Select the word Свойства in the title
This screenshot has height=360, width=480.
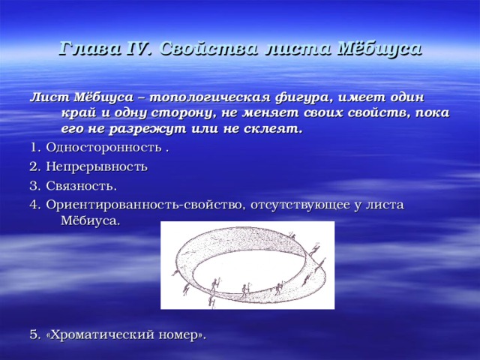(x=208, y=49)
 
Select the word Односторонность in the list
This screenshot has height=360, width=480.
(x=103, y=148)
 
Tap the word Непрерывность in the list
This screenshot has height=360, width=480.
(x=97, y=167)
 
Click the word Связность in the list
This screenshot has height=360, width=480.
(x=80, y=186)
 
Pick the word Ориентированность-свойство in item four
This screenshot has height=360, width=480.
(x=144, y=205)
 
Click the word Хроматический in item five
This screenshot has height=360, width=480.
(x=102, y=335)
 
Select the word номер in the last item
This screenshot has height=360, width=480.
(x=179, y=335)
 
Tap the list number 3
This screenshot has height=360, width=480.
(x=33, y=186)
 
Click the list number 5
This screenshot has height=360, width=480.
(x=33, y=335)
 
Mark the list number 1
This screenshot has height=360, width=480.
(x=33, y=148)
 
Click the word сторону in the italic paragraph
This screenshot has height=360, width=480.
(x=181, y=113)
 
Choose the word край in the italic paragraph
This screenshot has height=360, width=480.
(x=79, y=113)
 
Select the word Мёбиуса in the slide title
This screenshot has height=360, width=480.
(x=380, y=49)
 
